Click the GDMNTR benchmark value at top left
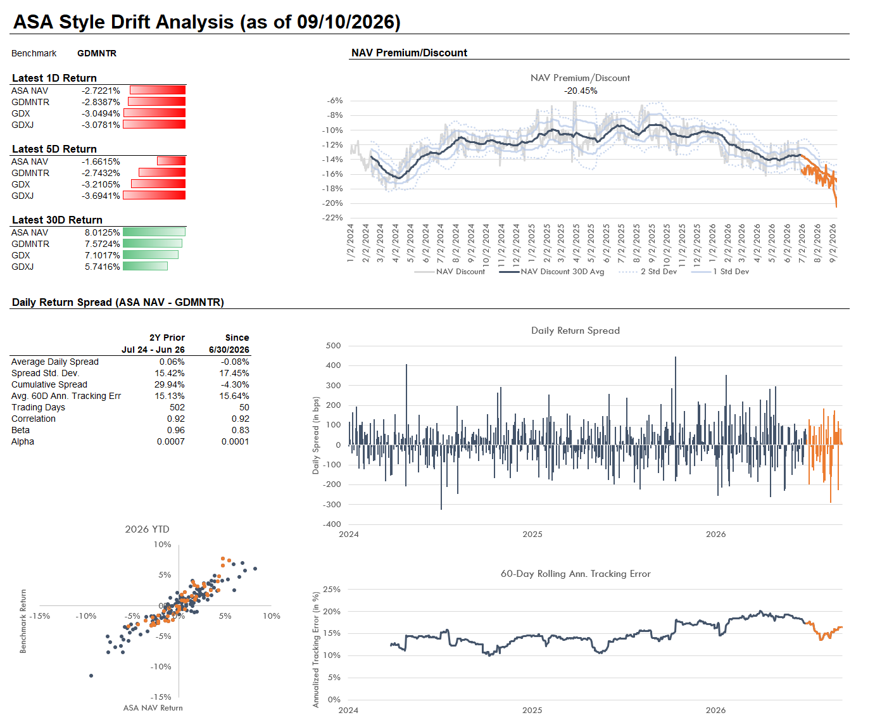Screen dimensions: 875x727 click(x=97, y=53)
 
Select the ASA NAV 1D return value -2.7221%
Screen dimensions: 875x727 click(x=101, y=91)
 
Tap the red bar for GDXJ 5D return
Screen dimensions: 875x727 click(x=154, y=195)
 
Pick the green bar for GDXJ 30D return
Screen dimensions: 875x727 click(x=146, y=266)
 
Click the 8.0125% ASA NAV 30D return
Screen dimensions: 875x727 click(x=102, y=232)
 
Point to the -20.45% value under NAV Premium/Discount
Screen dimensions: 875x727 click(x=581, y=91)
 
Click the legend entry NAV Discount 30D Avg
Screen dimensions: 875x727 click(x=552, y=271)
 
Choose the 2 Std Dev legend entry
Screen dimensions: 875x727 click(x=648, y=271)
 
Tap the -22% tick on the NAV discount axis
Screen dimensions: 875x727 click(x=332, y=218)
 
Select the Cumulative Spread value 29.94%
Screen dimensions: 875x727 click(x=169, y=384)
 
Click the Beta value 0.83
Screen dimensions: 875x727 click(x=240, y=430)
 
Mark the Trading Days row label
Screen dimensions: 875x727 click(x=38, y=407)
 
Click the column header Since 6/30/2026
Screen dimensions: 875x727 click(x=229, y=343)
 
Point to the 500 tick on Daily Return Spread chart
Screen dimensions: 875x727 click(x=333, y=346)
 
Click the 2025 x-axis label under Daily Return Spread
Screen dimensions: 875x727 click(x=532, y=534)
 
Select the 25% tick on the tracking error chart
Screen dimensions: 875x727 click(x=332, y=589)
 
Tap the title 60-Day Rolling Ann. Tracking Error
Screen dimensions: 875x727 click(x=576, y=574)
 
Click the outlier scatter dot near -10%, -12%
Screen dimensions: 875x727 click(x=91, y=676)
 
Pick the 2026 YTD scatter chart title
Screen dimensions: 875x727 click(x=147, y=529)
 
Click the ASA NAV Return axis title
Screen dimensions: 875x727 click(x=153, y=708)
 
